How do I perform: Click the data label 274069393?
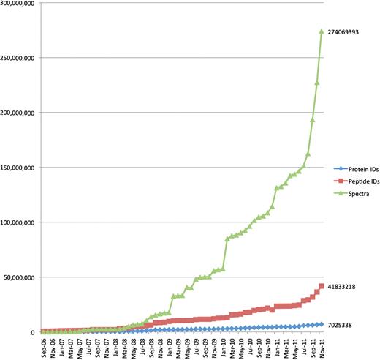tap(349, 31)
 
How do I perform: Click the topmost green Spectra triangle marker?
tap(322, 31)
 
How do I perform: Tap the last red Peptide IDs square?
tap(322, 286)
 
